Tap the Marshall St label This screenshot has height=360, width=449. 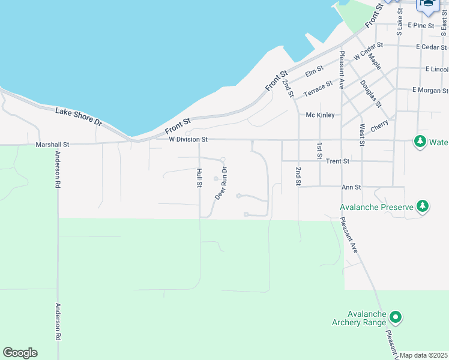click(53, 145)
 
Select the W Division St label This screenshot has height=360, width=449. click(188, 140)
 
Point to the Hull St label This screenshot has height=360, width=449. click(199, 178)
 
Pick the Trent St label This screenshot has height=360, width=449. click(337, 161)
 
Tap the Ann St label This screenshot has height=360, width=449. click(351, 187)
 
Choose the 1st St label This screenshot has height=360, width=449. click(319, 151)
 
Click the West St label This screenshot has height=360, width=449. click(362, 135)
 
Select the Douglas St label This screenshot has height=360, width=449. click(371, 95)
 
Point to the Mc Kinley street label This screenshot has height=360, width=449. click(319, 115)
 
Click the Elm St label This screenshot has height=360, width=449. click(314, 73)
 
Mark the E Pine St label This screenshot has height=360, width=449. click(420, 26)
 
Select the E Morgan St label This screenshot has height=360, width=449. click(430, 91)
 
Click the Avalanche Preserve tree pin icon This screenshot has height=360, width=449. click(423, 206)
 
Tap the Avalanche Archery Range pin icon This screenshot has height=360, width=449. click(395, 316)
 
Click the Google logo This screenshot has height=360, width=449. click(20, 353)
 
